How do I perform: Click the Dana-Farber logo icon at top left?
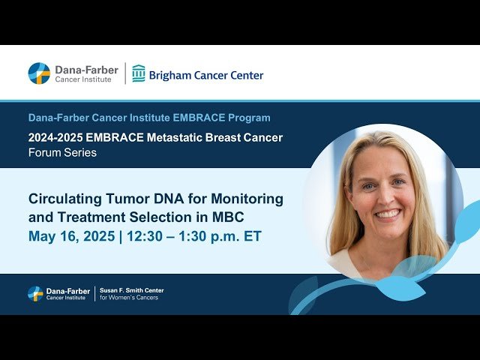tap(39, 73)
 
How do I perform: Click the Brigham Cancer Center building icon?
tap(139, 73)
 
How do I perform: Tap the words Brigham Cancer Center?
tap(207, 75)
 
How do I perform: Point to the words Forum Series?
tap(62, 153)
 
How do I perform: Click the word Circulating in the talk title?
tap(62, 199)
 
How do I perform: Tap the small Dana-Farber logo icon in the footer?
tap(35, 293)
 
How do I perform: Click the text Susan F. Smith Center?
tap(132, 289)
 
